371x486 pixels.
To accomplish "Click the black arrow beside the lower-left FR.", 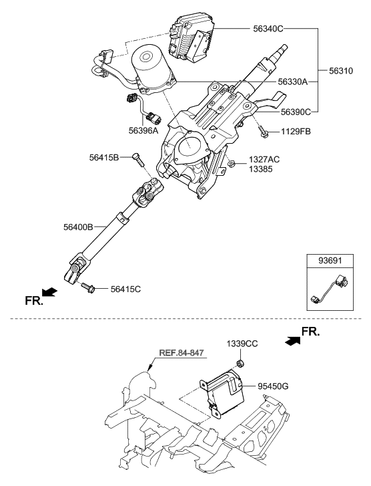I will [x=49, y=292].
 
